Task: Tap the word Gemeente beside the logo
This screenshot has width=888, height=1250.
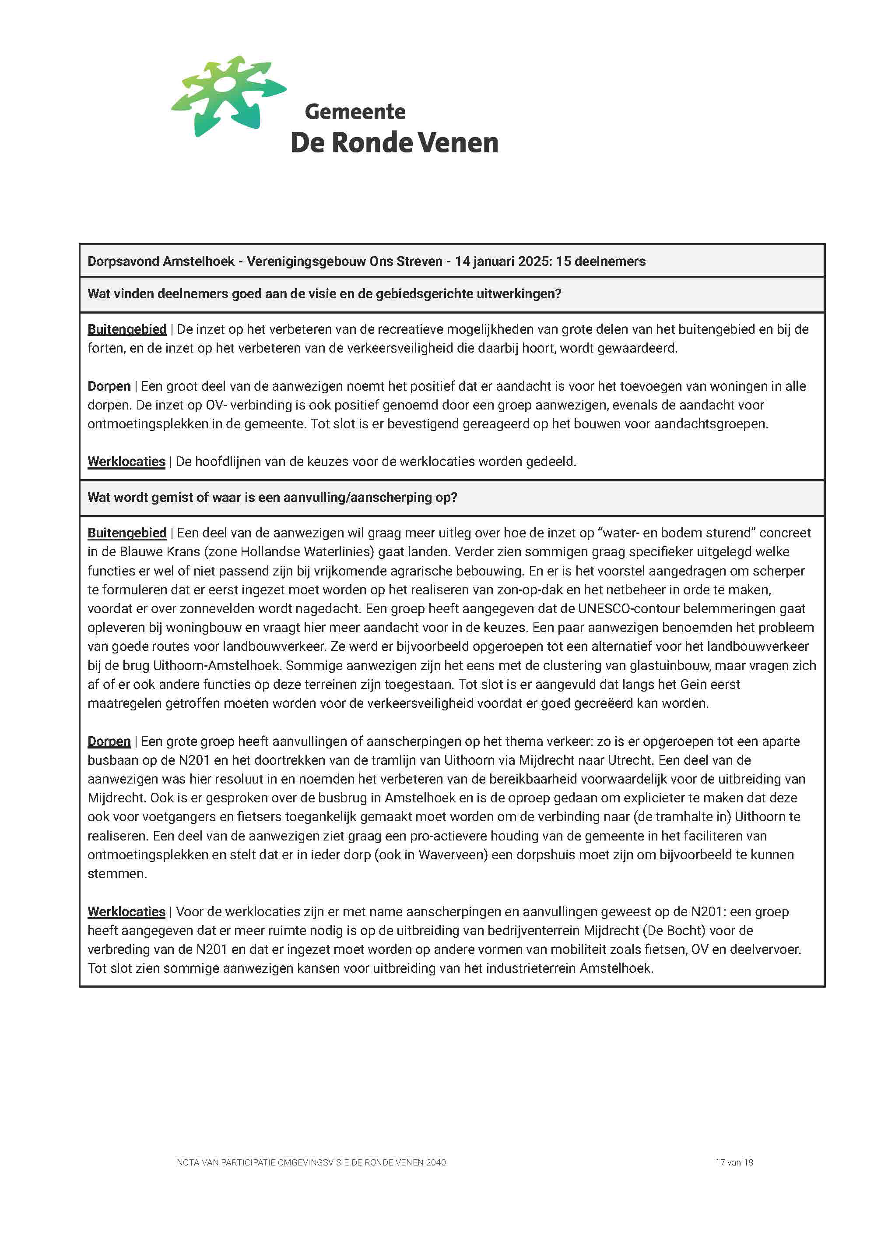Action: tap(355, 112)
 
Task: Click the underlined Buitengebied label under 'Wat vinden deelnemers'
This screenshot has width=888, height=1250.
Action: tap(127, 329)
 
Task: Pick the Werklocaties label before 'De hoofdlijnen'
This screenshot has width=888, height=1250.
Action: tap(126, 461)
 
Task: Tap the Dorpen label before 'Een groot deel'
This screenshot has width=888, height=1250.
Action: tap(109, 386)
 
